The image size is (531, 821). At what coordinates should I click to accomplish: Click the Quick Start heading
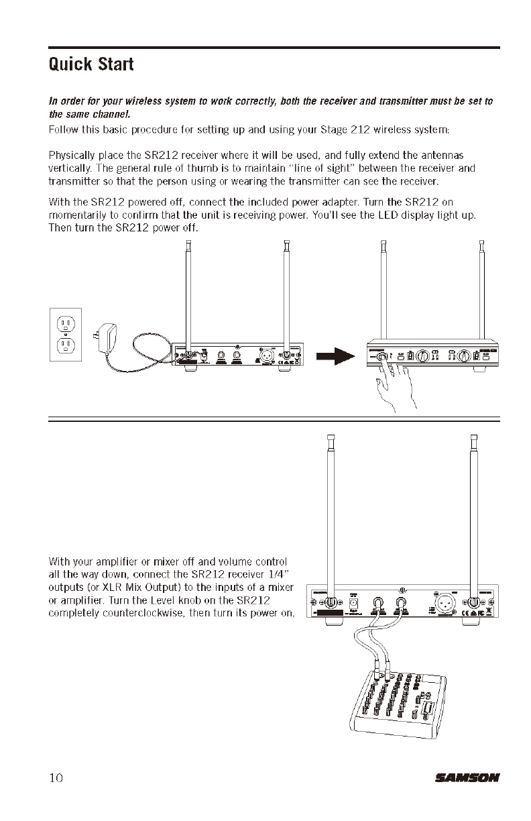pyautogui.click(x=91, y=65)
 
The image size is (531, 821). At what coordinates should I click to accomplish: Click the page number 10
pyautogui.click(x=56, y=778)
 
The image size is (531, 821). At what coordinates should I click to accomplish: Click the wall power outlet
pyautogui.click(x=66, y=334)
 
